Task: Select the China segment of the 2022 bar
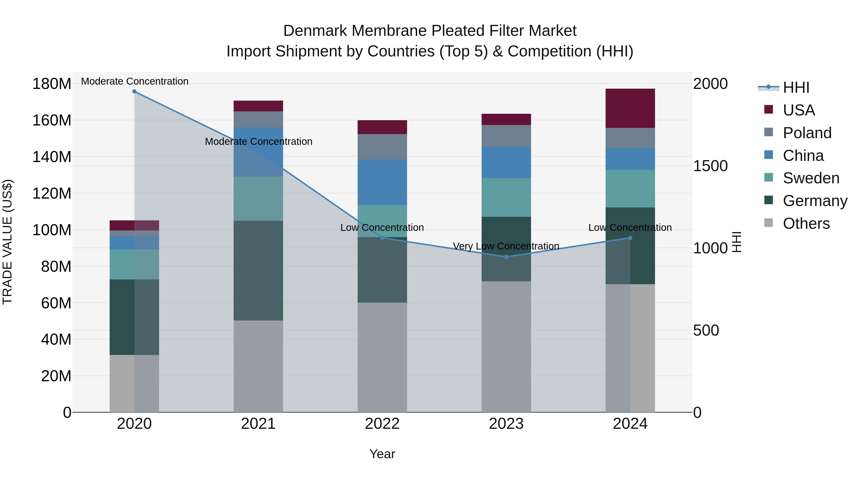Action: [382, 182]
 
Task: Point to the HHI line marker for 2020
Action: [134, 92]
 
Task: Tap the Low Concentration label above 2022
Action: [382, 228]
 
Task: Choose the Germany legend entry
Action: [815, 201]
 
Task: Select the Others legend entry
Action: [806, 223]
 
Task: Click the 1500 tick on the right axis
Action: [710, 166]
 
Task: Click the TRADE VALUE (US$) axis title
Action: [7, 242]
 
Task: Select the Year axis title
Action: [382, 454]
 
